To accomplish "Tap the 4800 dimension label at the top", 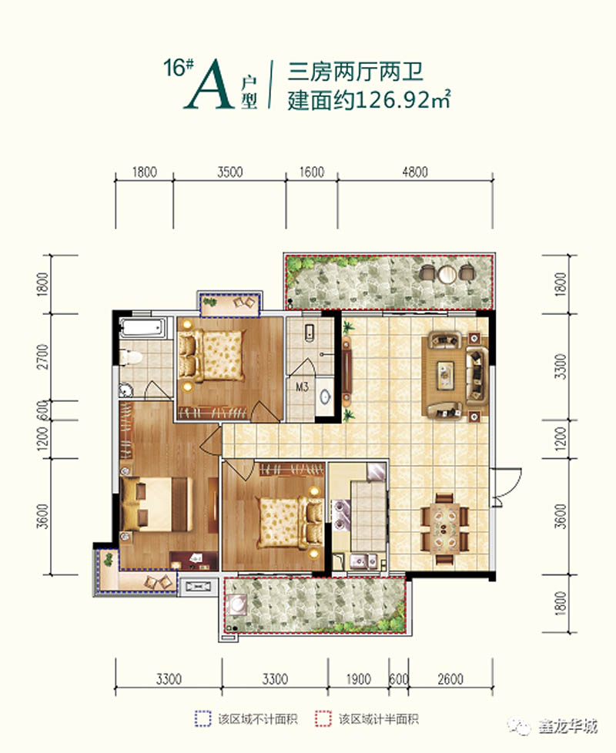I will (x=413, y=172).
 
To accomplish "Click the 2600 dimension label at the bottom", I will (x=450, y=679).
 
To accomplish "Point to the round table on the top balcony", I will (x=447, y=273).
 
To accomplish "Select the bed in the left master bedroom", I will (x=154, y=504).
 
